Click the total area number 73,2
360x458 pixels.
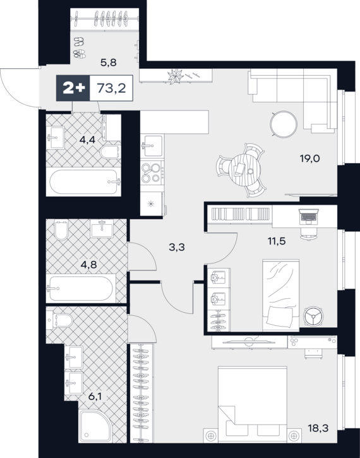point(111,88)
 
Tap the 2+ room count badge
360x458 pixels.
point(73,88)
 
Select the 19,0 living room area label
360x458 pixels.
point(309,159)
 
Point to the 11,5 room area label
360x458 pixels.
point(277,241)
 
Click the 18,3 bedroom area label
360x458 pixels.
point(318,428)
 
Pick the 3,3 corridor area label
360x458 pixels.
point(177,247)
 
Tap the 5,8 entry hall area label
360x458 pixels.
point(109,62)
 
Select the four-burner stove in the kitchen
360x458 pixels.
point(151,172)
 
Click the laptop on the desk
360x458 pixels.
point(309,217)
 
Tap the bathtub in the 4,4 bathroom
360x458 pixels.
point(85,182)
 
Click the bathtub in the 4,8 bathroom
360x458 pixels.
point(81,289)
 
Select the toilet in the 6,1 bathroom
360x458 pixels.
point(59,321)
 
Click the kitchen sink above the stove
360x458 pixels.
point(151,145)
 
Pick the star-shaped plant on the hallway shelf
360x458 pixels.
point(175,76)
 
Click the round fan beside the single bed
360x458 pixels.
point(313,316)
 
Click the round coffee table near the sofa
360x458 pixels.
point(284,124)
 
